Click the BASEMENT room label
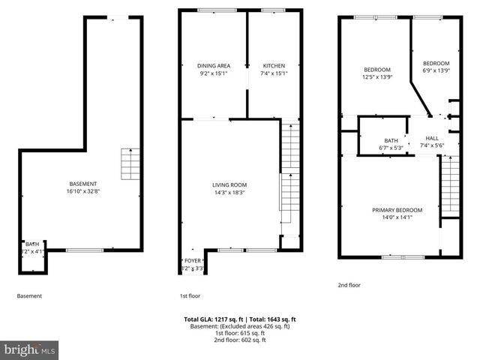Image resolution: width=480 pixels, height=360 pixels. coord(82,184)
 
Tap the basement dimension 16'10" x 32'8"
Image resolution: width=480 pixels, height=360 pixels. coord(82,191)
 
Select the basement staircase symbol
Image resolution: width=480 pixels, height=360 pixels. coord(130,164)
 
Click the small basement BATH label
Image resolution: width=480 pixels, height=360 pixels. coord(32,244)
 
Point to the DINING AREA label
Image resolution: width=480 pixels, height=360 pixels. coord(213,66)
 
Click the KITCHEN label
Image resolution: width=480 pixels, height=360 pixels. coord(274,66)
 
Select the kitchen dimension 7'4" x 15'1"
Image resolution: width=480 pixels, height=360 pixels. coord(274,73)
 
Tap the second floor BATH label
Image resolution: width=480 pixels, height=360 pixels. coord(391,140)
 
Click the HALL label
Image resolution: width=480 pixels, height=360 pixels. coord(432,139)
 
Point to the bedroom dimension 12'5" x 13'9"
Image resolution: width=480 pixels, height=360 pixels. coord(376,77)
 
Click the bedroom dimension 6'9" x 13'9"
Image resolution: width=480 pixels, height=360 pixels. coord(436,70)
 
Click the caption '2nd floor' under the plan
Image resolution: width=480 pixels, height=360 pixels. coord(349,285)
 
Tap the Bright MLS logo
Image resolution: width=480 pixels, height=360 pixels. coord(30,349)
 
